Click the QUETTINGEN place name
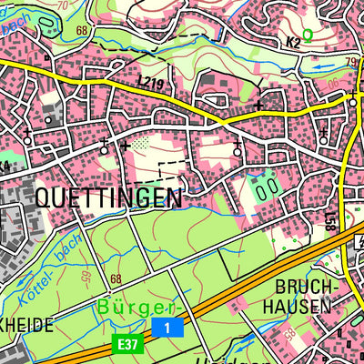tap(108, 197)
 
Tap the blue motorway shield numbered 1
tap(167, 326)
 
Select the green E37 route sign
tap(127, 343)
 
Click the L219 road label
tap(150, 84)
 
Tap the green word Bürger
tap(137, 307)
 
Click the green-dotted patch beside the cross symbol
tap(139, 143)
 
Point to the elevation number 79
tap(352, 62)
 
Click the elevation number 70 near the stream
tap(63, 5)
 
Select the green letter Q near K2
tap(308, 35)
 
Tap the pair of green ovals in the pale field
tap(266, 189)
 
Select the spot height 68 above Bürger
tap(116, 279)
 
